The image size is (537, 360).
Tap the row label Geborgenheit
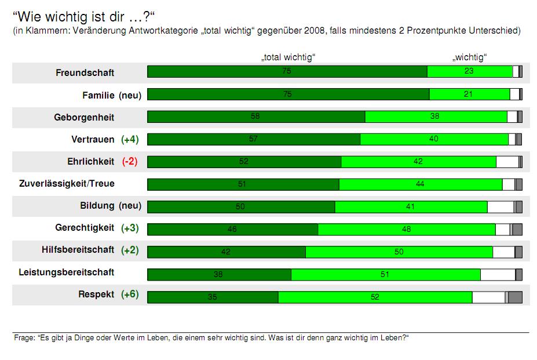84,117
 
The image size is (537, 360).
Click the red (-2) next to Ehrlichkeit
129,161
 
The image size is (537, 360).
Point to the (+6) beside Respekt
130,294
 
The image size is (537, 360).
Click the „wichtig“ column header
469,57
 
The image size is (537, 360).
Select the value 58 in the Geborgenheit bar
255,117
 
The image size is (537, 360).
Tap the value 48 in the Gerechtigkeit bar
406,230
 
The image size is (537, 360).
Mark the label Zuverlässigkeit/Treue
67,184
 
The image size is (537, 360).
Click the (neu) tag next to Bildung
130,206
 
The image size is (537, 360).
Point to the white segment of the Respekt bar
488,297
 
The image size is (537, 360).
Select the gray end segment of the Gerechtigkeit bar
517,230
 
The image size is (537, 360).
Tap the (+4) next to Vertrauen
130,139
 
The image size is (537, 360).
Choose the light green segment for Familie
469,94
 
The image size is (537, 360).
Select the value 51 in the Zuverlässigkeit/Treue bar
242,184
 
